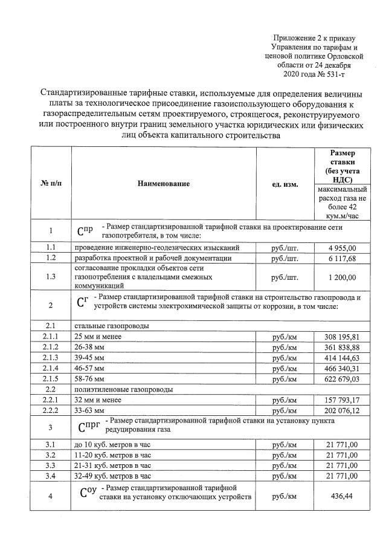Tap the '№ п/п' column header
click(51, 183)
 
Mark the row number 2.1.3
click(51, 358)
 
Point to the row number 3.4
click(51, 476)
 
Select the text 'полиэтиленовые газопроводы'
click(119, 390)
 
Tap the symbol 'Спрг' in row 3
click(90, 428)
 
